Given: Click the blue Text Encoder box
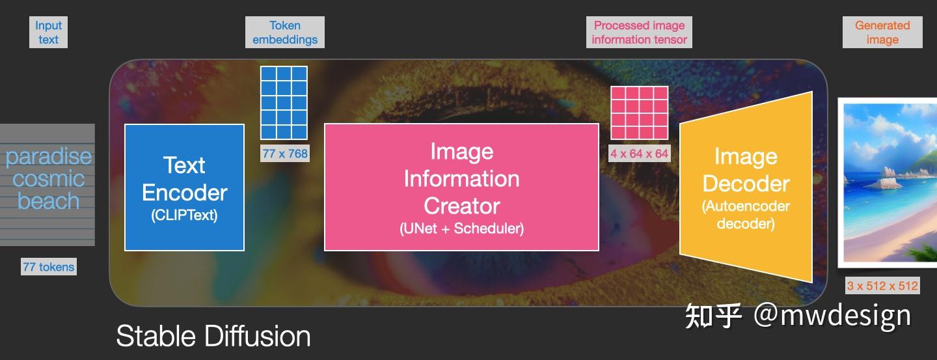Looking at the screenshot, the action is (x=185, y=187).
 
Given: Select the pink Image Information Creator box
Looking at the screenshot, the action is (x=462, y=187).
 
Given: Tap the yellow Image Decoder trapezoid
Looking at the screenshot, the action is (x=746, y=187).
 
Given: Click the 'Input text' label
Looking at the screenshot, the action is (x=49, y=33).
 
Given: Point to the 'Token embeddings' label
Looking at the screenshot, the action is (x=285, y=33).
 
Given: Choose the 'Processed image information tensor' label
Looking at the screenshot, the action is (x=639, y=33).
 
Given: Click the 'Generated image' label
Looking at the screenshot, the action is (x=882, y=33).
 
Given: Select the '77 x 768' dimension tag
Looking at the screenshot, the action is (x=285, y=154).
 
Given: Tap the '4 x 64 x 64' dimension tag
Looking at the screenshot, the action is (x=639, y=153).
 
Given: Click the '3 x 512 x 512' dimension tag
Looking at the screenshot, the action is (x=882, y=286).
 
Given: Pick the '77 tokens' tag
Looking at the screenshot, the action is (x=49, y=267).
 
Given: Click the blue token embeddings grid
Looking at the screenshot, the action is (x=284, y=103).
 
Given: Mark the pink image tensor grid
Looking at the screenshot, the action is (x=639, y=113).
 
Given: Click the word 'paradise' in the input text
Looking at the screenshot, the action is (x=49, y=157).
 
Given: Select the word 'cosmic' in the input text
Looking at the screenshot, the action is (x=49, y=179).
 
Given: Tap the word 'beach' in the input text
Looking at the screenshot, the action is (x=49, y=201).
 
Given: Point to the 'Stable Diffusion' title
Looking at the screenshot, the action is (x=213, y=336).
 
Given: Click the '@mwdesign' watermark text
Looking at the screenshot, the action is (x=832, y=316).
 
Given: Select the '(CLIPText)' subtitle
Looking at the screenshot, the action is (x=185, y=215).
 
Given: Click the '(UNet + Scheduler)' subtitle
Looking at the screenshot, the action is (x=462, y=228).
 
